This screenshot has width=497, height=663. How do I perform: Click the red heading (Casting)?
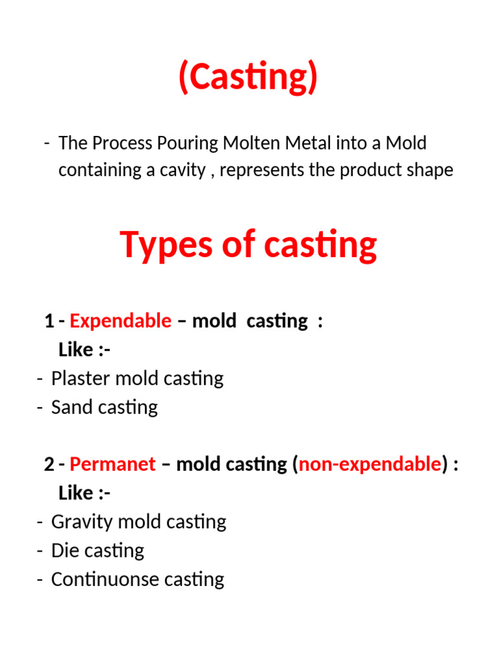(x=248, y=78)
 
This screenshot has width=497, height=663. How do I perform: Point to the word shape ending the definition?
(x=429, y=170)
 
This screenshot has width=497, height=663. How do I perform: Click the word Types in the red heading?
(x=158, y=245)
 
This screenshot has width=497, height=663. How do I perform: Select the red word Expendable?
(x=120, y=320)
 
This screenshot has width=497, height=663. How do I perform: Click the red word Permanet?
(x=113, y=464)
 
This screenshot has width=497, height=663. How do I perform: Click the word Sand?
(x=68, y=407)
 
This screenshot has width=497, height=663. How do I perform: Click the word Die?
(x=64, y=551)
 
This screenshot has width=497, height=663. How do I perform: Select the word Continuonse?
(x=96, y=579)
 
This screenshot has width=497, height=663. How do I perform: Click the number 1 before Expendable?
(x=49, y=320)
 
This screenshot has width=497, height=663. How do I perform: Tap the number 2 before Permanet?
(x=49, y=464)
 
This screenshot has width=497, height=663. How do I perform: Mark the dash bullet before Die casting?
(x=40, y=551)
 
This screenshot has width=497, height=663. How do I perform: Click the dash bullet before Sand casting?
(x=40, y=407)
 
